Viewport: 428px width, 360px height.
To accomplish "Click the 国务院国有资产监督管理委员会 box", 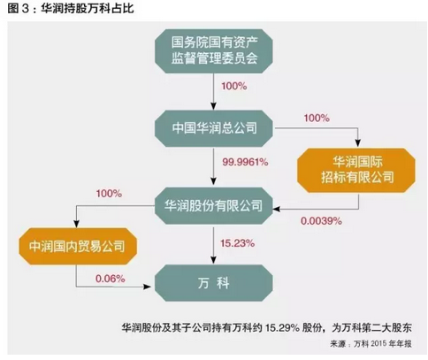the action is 214,50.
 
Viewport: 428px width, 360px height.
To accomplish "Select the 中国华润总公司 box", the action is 214,128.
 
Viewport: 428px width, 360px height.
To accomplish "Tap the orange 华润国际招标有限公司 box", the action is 356,171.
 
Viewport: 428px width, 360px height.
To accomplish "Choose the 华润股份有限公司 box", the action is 214,205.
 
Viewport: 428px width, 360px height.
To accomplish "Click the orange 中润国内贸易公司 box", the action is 78,246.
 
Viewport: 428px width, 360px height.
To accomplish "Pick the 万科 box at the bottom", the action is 214,283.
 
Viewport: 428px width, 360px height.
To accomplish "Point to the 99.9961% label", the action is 245,162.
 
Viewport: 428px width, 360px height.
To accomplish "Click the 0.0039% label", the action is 321,221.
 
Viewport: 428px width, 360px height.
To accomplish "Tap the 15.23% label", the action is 237,243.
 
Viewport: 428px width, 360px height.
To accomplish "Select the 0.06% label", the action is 111,279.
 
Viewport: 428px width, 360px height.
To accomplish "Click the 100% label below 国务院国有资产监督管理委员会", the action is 234,86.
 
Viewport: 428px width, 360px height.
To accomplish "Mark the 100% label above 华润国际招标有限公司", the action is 317,119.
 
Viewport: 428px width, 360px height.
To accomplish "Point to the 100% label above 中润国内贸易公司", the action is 109,194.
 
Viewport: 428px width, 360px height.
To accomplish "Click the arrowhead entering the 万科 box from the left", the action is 147,287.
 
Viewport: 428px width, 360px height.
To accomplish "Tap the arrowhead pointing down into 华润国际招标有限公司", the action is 358,143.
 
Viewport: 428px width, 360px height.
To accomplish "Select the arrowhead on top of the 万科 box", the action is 214,260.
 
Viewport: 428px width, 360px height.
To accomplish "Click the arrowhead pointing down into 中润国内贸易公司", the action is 76,223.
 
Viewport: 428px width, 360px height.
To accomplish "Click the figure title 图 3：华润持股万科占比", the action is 71,8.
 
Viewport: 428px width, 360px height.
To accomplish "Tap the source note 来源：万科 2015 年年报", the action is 371,344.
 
